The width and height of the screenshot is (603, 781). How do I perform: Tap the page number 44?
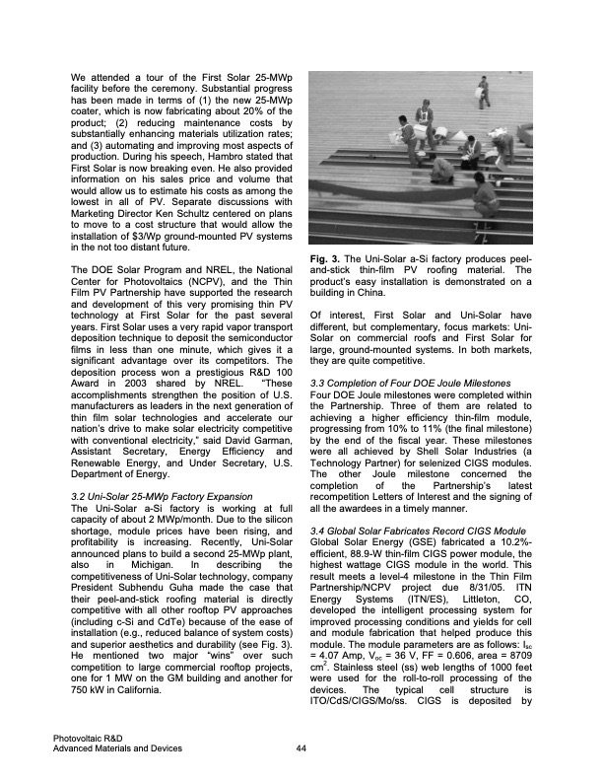[x=301, y=748]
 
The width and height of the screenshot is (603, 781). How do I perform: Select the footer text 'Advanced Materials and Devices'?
[x=119, y=748]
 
